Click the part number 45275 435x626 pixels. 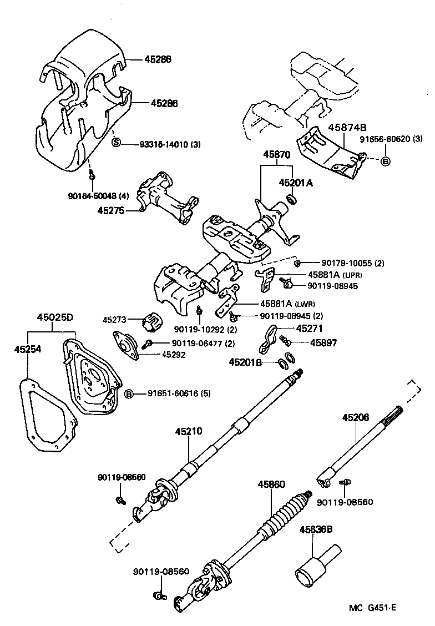(111, 210)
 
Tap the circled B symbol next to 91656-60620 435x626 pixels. (386, 162)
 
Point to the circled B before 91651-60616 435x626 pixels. (129, 393)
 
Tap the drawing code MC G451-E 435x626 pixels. (372, 607)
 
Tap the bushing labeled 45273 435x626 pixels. (151, 320)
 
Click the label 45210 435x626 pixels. (188, 431)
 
